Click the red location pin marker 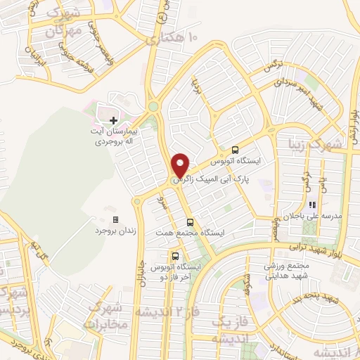[181, 165]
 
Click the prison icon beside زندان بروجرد [116, 220]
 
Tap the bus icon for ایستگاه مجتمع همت [189, 222]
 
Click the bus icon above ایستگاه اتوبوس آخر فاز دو [176, 256]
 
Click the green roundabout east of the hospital [153, 107]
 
